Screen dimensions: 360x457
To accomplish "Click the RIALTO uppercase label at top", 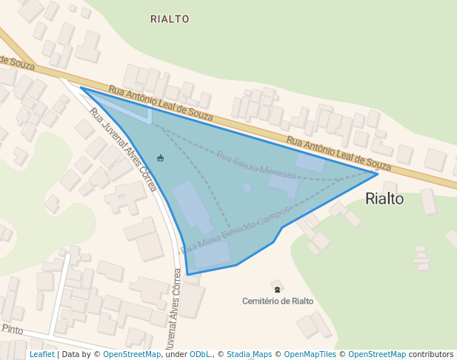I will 170,19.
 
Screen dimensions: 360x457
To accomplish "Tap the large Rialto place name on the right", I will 384,199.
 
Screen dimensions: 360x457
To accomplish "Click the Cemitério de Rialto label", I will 278,301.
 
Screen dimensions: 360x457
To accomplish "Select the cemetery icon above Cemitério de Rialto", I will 277,287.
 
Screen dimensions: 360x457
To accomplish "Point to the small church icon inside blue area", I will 161,157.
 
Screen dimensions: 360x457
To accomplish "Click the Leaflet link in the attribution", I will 41,354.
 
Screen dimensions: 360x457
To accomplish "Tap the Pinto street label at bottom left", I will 13,328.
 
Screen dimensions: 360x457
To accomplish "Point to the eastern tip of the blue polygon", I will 378,173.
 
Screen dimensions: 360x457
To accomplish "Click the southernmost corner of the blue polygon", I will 187,275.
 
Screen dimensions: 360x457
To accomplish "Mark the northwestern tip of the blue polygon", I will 81,87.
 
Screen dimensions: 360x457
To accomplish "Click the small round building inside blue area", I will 247,188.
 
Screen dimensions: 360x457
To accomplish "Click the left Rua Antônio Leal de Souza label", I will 161,103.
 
